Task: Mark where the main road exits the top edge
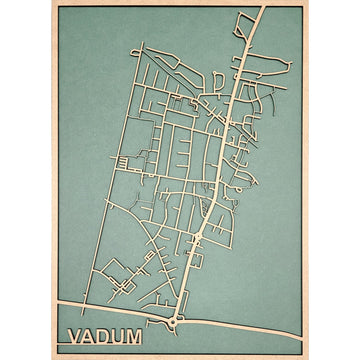coord(261,8)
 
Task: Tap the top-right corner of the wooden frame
coord(306,3)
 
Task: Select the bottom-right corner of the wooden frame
coord(306,356)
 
